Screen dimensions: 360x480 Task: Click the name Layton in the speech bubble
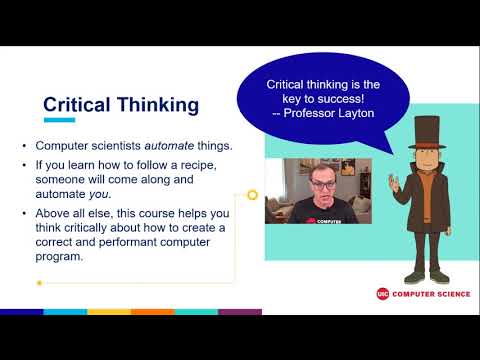point(354,114)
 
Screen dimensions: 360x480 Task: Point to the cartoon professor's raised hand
point(394,183)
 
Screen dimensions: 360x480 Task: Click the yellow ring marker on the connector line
point(253,194)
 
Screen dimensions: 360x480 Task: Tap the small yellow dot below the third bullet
point(39,283)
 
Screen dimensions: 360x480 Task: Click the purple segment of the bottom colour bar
point(240,312)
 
